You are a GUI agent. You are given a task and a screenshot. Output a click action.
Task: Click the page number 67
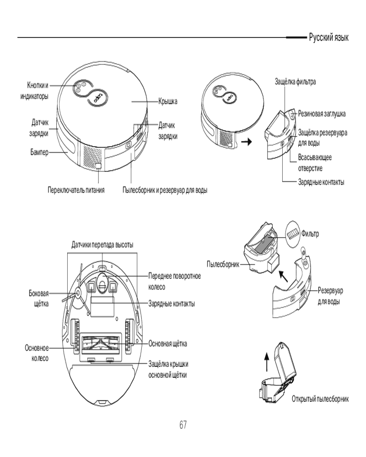pos(183,425)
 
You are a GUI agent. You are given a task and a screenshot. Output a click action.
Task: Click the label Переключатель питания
pos(76,190)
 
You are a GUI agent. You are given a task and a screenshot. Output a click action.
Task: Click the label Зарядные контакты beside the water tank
pos(321,182)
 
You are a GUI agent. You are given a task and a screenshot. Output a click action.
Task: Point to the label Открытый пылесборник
pos(320,399)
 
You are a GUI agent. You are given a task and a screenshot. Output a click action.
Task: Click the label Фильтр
pos(310,234)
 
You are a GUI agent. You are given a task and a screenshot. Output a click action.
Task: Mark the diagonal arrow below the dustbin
pos(284,276)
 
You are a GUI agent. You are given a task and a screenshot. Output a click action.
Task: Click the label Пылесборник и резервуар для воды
pos(165,190)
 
